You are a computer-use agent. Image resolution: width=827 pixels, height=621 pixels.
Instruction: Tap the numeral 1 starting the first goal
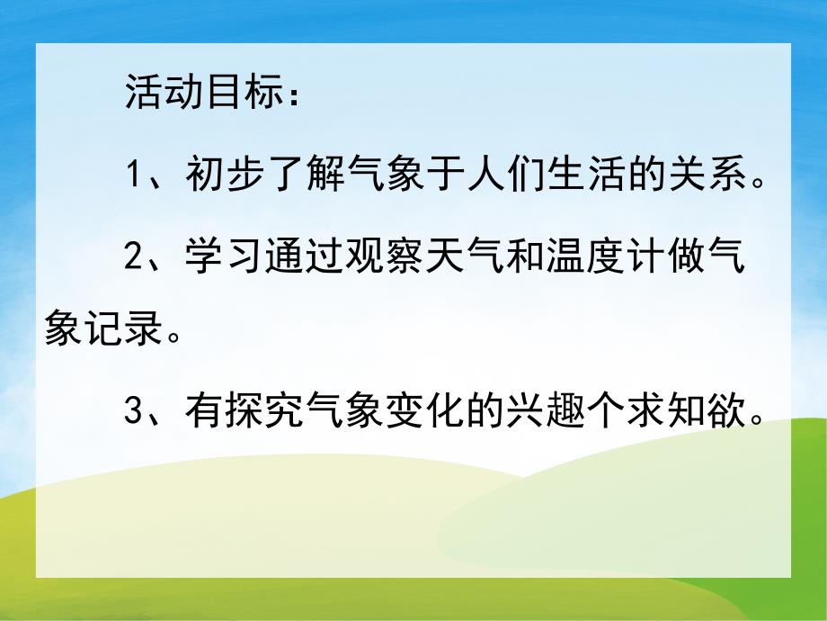(x=134, y=173)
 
